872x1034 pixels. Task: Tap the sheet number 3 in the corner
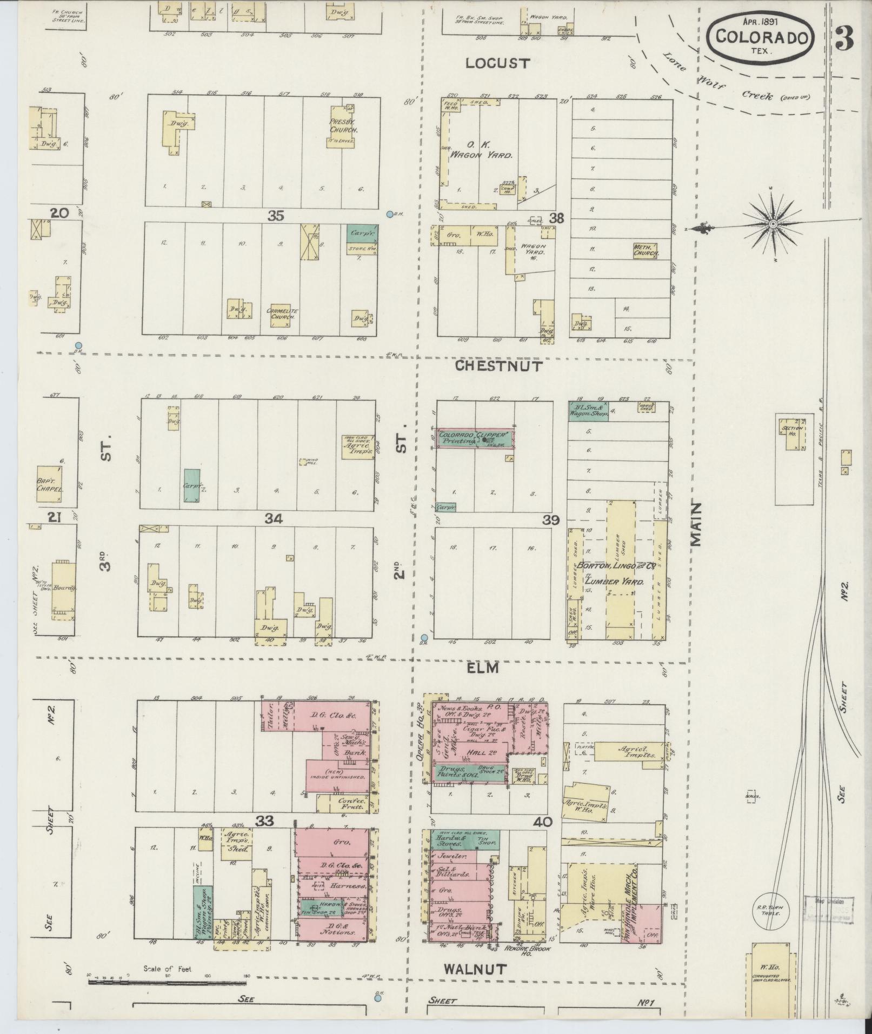tap(844, 38)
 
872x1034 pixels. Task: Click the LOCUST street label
tap(497, 63)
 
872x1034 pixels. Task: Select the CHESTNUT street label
tap(498, 366)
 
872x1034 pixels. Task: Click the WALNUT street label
tap(475, 969)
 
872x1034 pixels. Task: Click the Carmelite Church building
tap(283, 315)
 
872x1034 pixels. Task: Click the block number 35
tap(276, 216)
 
